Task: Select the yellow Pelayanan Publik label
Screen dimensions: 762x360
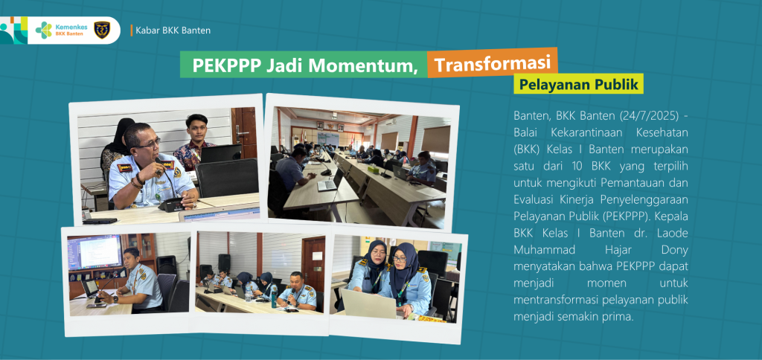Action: (578, 84)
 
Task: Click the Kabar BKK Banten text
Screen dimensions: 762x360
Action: (173, 30)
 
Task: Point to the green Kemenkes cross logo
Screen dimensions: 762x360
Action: (44, 30)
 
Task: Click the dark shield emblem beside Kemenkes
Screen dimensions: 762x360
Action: (101, 30)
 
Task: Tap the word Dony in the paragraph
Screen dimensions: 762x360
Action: (674, 250)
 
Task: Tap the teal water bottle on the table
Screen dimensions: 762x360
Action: (274, 298)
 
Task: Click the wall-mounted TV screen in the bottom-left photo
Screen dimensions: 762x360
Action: (95, 251)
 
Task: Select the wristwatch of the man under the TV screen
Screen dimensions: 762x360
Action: (115, 298)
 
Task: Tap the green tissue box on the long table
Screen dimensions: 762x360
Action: (373, 169)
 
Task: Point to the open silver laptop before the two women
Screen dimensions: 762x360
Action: (369, 303)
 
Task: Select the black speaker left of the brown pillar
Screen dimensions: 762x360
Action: (224, 262)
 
